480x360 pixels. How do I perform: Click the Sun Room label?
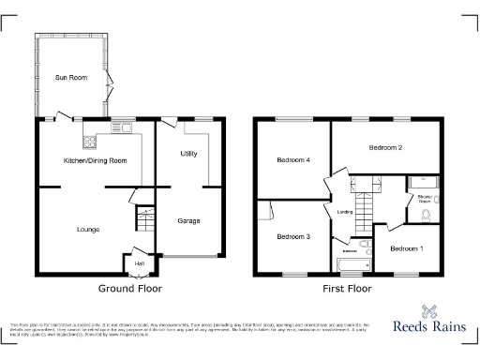pos(70,77)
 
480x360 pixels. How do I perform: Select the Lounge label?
pos(88,229)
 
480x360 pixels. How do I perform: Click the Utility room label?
pos(188,153)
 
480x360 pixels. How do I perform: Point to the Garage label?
pos(188,221)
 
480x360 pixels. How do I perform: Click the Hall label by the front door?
pos(139,263)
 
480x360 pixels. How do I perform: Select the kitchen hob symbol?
pos(91,142)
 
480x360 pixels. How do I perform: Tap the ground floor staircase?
pos(144,222)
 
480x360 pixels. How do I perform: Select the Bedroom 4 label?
pos(293,160)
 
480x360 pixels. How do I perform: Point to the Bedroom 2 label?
pos(385,148)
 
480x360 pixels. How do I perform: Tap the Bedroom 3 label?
pos(293,236)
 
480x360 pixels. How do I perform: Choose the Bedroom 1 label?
pos(407,247)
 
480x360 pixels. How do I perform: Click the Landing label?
pos(344,211)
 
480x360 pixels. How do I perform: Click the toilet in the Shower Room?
pos(427,217)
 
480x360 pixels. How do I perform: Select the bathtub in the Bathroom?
pos(352,265)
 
